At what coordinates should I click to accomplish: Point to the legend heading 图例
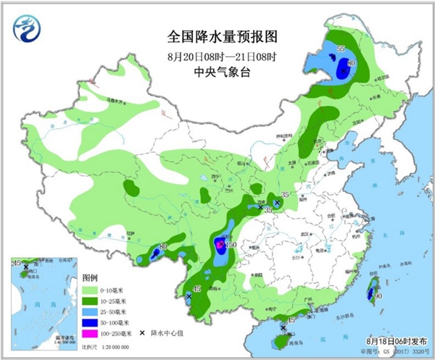click(91, 278)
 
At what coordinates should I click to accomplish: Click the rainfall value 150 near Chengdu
click(231, 245)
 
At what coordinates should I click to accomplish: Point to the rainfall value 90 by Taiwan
click(378, 296)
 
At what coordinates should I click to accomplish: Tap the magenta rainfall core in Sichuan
click(221, 247)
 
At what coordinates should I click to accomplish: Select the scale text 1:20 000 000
click(105, 350)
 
